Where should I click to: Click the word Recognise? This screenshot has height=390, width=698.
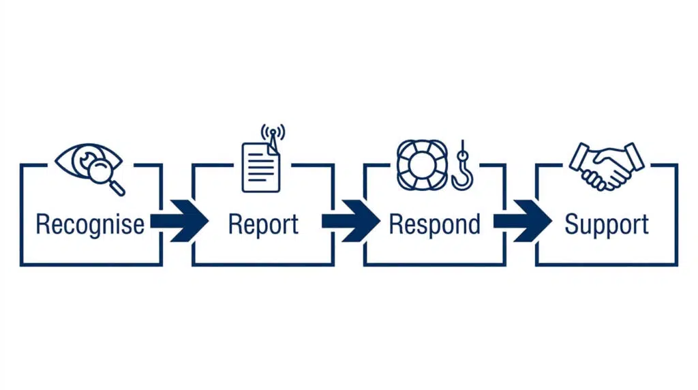coord(90,224)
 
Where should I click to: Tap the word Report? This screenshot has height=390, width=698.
coord(263,224)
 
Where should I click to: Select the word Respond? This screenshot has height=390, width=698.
coord(434,224)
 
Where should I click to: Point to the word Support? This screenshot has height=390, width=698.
coord(607,224)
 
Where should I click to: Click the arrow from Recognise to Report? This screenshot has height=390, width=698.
coord(180,221)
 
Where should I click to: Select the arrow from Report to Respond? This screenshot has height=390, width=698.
coord(351,221)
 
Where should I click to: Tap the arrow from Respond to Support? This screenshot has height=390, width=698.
coord(523,221)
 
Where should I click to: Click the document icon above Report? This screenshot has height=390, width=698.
coord(261,168)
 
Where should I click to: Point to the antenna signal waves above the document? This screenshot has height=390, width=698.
coord(273,132)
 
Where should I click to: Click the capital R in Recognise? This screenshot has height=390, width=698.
coord(43,224)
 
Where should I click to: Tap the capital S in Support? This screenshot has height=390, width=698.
coord(572,224)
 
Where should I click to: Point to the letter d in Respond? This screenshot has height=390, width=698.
coord(474,224)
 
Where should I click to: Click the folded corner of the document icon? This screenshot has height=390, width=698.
coord(273,149)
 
